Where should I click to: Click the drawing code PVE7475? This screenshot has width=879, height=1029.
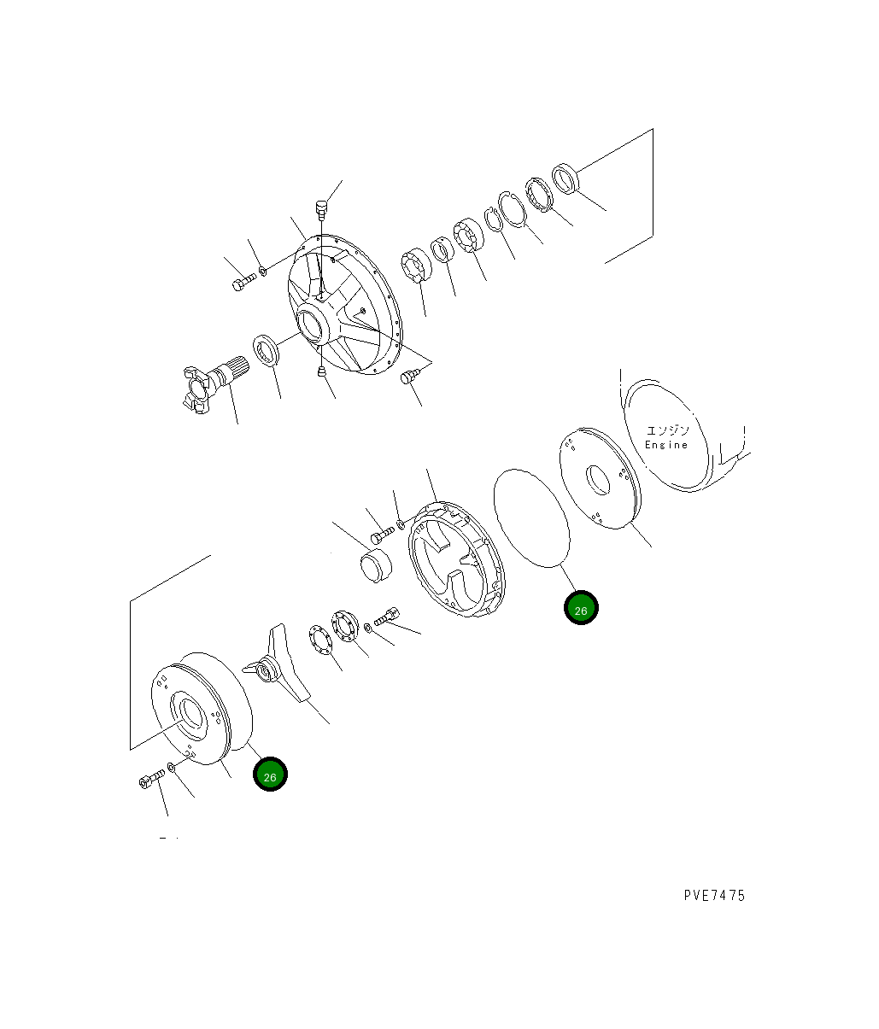coord(713,896)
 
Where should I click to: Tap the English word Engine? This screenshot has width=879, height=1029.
coord(666,445)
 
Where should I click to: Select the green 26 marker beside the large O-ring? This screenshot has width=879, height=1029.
coord(581,609)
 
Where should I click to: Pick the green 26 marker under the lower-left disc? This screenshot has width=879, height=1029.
coord(270,775)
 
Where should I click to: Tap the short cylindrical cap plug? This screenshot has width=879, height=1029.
coord(372,565)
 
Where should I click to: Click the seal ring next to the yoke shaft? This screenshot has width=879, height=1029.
coord(267,352)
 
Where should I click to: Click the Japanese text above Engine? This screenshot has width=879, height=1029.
coord(667,430)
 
